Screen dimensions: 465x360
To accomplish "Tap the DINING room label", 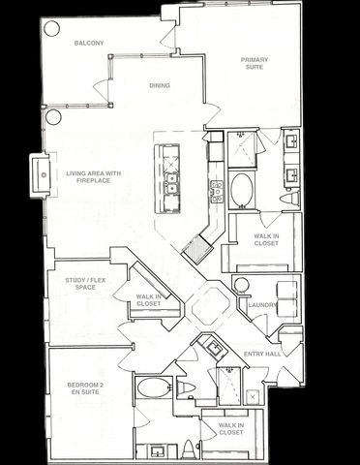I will click(x=160, y=85).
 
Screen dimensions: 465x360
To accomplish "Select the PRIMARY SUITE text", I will click(x=255, y=64).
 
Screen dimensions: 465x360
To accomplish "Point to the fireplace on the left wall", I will click(x=42, y=174).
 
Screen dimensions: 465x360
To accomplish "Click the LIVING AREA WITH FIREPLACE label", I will click(x=94, y=177).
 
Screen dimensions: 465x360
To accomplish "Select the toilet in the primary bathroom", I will click(x=289, y=199).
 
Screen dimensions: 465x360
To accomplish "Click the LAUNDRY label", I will click(x=262, y=306).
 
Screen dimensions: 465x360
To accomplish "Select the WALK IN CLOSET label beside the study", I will click(x=149, y=300).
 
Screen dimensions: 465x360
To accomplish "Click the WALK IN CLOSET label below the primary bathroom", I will click(x=266, y=239).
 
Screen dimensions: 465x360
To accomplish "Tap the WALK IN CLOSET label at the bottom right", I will click(x=231, y=428).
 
